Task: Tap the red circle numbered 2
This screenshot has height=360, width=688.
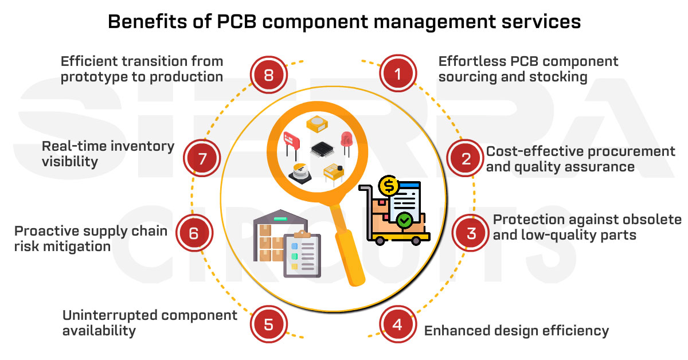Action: pyautogui.click(x=466, y=159)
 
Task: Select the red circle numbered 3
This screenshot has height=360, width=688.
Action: pyautogui.click(x=471, y=233)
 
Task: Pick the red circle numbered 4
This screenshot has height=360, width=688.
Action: pyautogui.click(x=397, y=324)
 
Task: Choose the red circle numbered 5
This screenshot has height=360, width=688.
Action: pyautogui.click(x=268, y=324)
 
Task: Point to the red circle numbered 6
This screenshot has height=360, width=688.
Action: pyautogui.click(x=193, y=233)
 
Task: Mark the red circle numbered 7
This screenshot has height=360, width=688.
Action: pyautogui.click(x=202, y=159)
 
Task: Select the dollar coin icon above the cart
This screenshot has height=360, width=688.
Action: pyautogui.click(x=389, y=185)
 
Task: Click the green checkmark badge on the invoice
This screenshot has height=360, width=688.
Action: pyautogui.click(x=405, y=220)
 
